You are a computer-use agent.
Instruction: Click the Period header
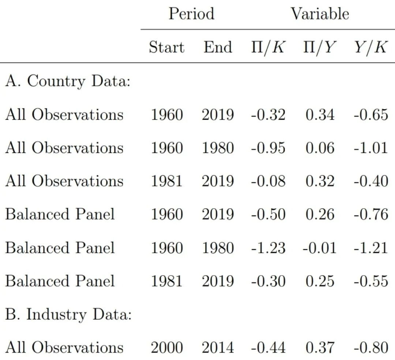point(191,14)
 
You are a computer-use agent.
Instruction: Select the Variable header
point(320,14)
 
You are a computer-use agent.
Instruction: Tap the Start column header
point(166,47)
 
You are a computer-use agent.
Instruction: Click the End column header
point(218,47)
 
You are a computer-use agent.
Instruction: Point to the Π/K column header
point(268,47)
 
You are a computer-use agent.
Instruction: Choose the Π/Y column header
point(320,47)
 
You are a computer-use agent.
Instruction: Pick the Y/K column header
point(370,47)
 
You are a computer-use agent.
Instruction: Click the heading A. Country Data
point(68,81)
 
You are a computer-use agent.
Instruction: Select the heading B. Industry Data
point(68,314)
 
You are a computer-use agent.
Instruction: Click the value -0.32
point(268,115)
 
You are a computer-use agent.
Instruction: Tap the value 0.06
point(320,148)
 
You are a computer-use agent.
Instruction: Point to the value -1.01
point(371,148)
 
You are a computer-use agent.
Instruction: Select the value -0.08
point(268,181)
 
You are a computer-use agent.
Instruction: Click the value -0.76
point(371,214)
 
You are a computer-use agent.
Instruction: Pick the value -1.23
point(268,248)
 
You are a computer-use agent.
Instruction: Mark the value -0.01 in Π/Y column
point(319,248)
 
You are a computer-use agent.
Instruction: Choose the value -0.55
point(371,281)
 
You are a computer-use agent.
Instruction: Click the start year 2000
point(167,348)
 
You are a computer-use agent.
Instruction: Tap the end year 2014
point(218,348)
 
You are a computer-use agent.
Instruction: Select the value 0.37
point(320,348)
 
